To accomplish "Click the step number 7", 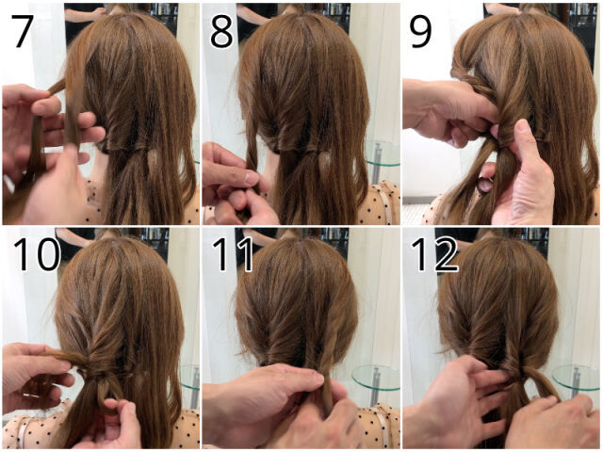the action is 23,31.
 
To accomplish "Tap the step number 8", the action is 221,31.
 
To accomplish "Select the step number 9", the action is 420,31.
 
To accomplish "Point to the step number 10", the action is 37,254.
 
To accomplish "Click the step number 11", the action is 233,254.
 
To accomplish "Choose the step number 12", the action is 434,254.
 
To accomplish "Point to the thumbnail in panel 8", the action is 252,178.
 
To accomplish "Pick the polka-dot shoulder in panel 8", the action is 379,203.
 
